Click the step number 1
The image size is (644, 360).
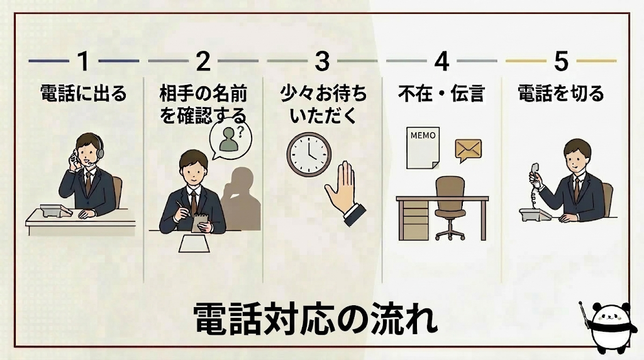point(84,62)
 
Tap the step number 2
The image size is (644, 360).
point(203,62)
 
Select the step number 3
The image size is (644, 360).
point(322,62)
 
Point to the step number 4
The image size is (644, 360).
point(441,62)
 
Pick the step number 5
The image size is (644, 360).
point(561,62)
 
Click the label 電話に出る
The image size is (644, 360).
point(84,94)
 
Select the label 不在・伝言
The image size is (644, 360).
point(441,94)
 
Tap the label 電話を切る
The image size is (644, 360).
point(561,94)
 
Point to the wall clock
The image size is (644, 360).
point(309,153)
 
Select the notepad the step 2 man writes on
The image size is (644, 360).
point(201,222)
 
